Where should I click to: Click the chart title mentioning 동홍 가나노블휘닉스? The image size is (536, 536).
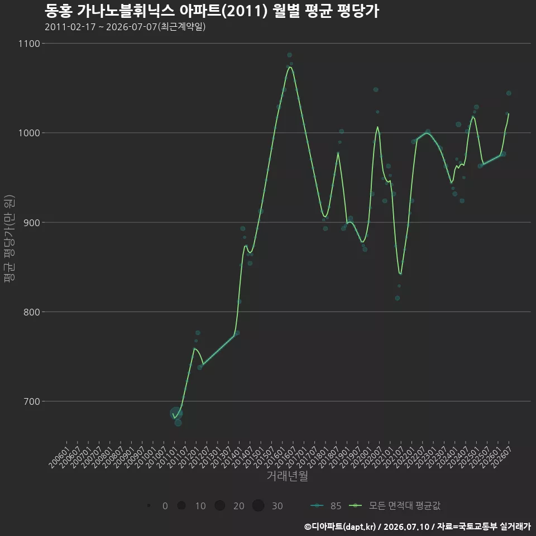point(212,11)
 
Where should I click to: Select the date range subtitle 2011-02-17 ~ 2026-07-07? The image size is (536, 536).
point(125,27)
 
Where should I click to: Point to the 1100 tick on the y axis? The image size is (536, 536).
point(30,44)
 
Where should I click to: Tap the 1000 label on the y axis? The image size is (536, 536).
point(30,133)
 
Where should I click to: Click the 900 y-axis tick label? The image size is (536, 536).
point(32,223)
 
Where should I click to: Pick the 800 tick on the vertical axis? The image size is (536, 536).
point(32,312)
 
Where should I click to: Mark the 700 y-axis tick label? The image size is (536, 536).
point(32,401)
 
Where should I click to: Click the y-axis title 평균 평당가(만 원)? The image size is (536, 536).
point(9,238)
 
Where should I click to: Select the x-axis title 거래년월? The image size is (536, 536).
point(287,476)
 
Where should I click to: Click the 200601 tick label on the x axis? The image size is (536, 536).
point(59,457)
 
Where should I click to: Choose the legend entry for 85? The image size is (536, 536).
point(326,506)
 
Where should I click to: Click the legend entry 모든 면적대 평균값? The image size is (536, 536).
point(395,506)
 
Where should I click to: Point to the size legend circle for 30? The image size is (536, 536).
point(259,506)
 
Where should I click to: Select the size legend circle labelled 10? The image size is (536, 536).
point(181,506)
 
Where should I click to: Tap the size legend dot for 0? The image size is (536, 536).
point(149,506)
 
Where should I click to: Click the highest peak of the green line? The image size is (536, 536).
point(290,66)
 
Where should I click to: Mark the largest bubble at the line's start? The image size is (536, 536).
point(176,413)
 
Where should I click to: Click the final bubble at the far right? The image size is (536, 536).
point(509,93)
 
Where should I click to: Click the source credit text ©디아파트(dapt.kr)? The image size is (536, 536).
point(340,527)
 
